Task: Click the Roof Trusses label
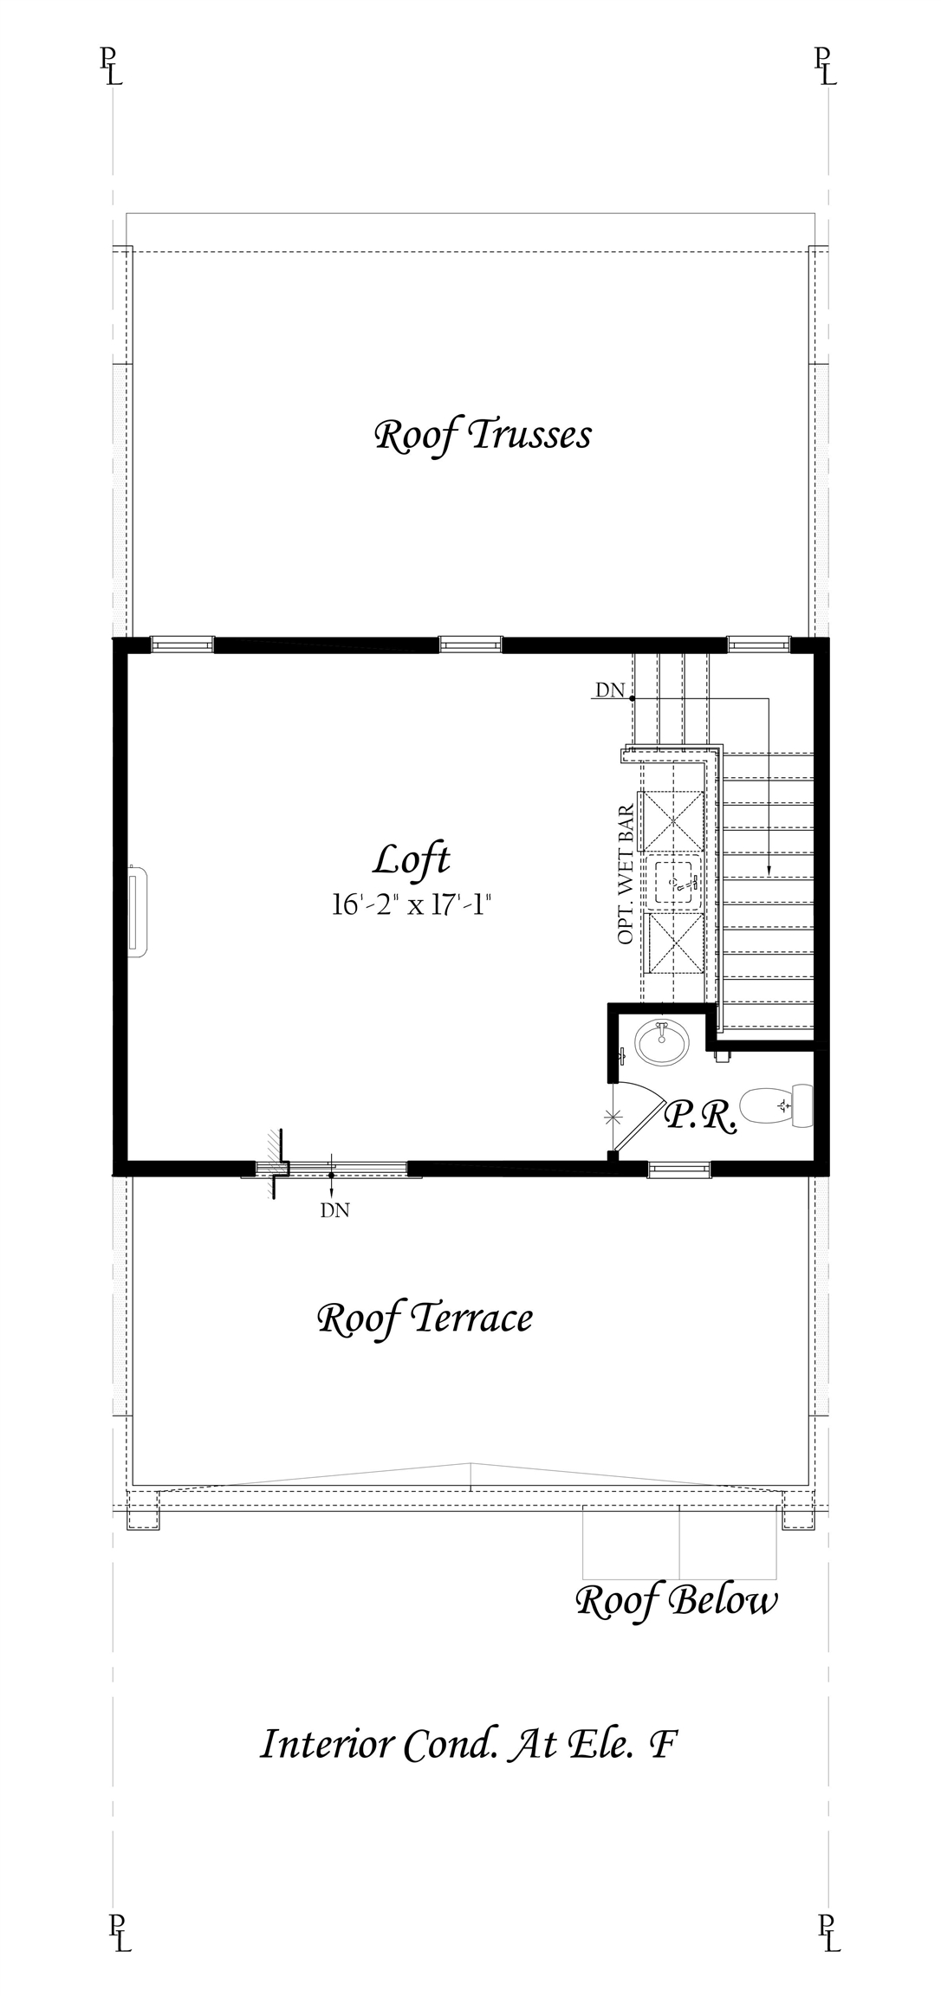tap(483, 436)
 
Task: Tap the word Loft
tap(412, 860)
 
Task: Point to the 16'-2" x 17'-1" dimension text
tap(412, 905)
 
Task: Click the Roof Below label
tap(677, 1601)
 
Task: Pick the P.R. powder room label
tap(700, 1117)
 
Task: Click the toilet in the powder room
tap(776, 1106)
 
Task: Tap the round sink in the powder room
tap(663, 1042)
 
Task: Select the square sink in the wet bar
tap(678, 883)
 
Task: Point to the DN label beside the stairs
tap(610, 690)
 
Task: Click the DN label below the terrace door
tap(335, 1211)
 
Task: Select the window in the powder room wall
tap(679, 1170)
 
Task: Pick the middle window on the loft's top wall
tap(470, 644)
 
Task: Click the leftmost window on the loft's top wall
tap(182, 644)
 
